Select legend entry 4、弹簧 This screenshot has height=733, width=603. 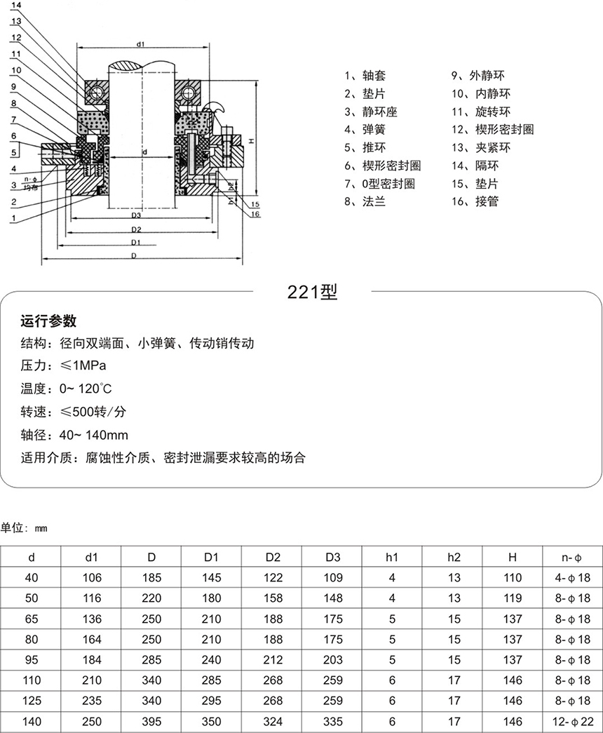pyautogui.click(x=365, y=130)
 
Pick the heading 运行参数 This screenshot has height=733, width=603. pyautogui.click(x=48, y=321)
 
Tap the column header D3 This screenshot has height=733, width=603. pyautogui.click(x=333, y=558)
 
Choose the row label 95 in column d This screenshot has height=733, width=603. pyautogui.click(x=32, y=659)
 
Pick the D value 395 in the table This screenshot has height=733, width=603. pyautogui.click(x=151, y=720)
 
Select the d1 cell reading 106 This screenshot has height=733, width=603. pyautogui.click(x=92, y=578)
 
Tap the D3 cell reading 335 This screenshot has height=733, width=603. pyautogui.click(x=333, y=720)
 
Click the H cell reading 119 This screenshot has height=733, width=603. pyautogui.click(x=513, y=598)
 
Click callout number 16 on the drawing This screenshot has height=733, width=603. pyautogui.click(x=255, y=214)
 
